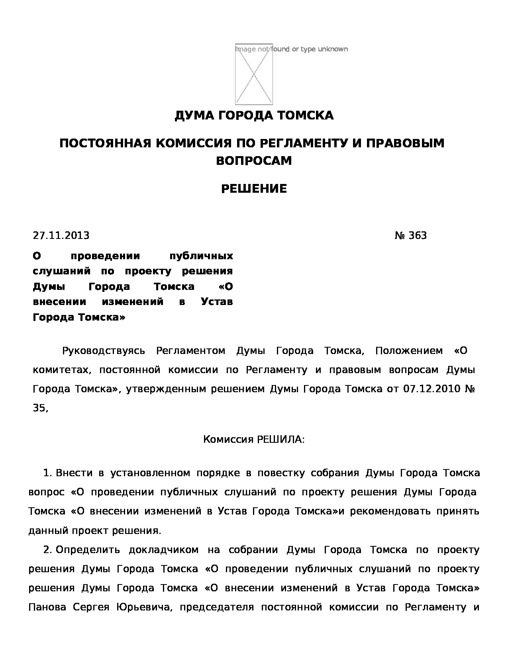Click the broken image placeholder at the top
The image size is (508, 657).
254,74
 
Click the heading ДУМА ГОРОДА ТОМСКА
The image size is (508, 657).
254,116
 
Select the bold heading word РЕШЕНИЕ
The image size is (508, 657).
254,189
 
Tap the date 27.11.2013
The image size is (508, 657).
61,236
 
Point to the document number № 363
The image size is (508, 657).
410,236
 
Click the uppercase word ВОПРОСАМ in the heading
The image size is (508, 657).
254,161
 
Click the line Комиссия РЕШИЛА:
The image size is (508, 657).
254,440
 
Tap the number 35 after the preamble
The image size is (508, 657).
40,408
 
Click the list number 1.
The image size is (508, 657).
47,473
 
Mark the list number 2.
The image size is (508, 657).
47,550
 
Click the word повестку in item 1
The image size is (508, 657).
281,473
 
